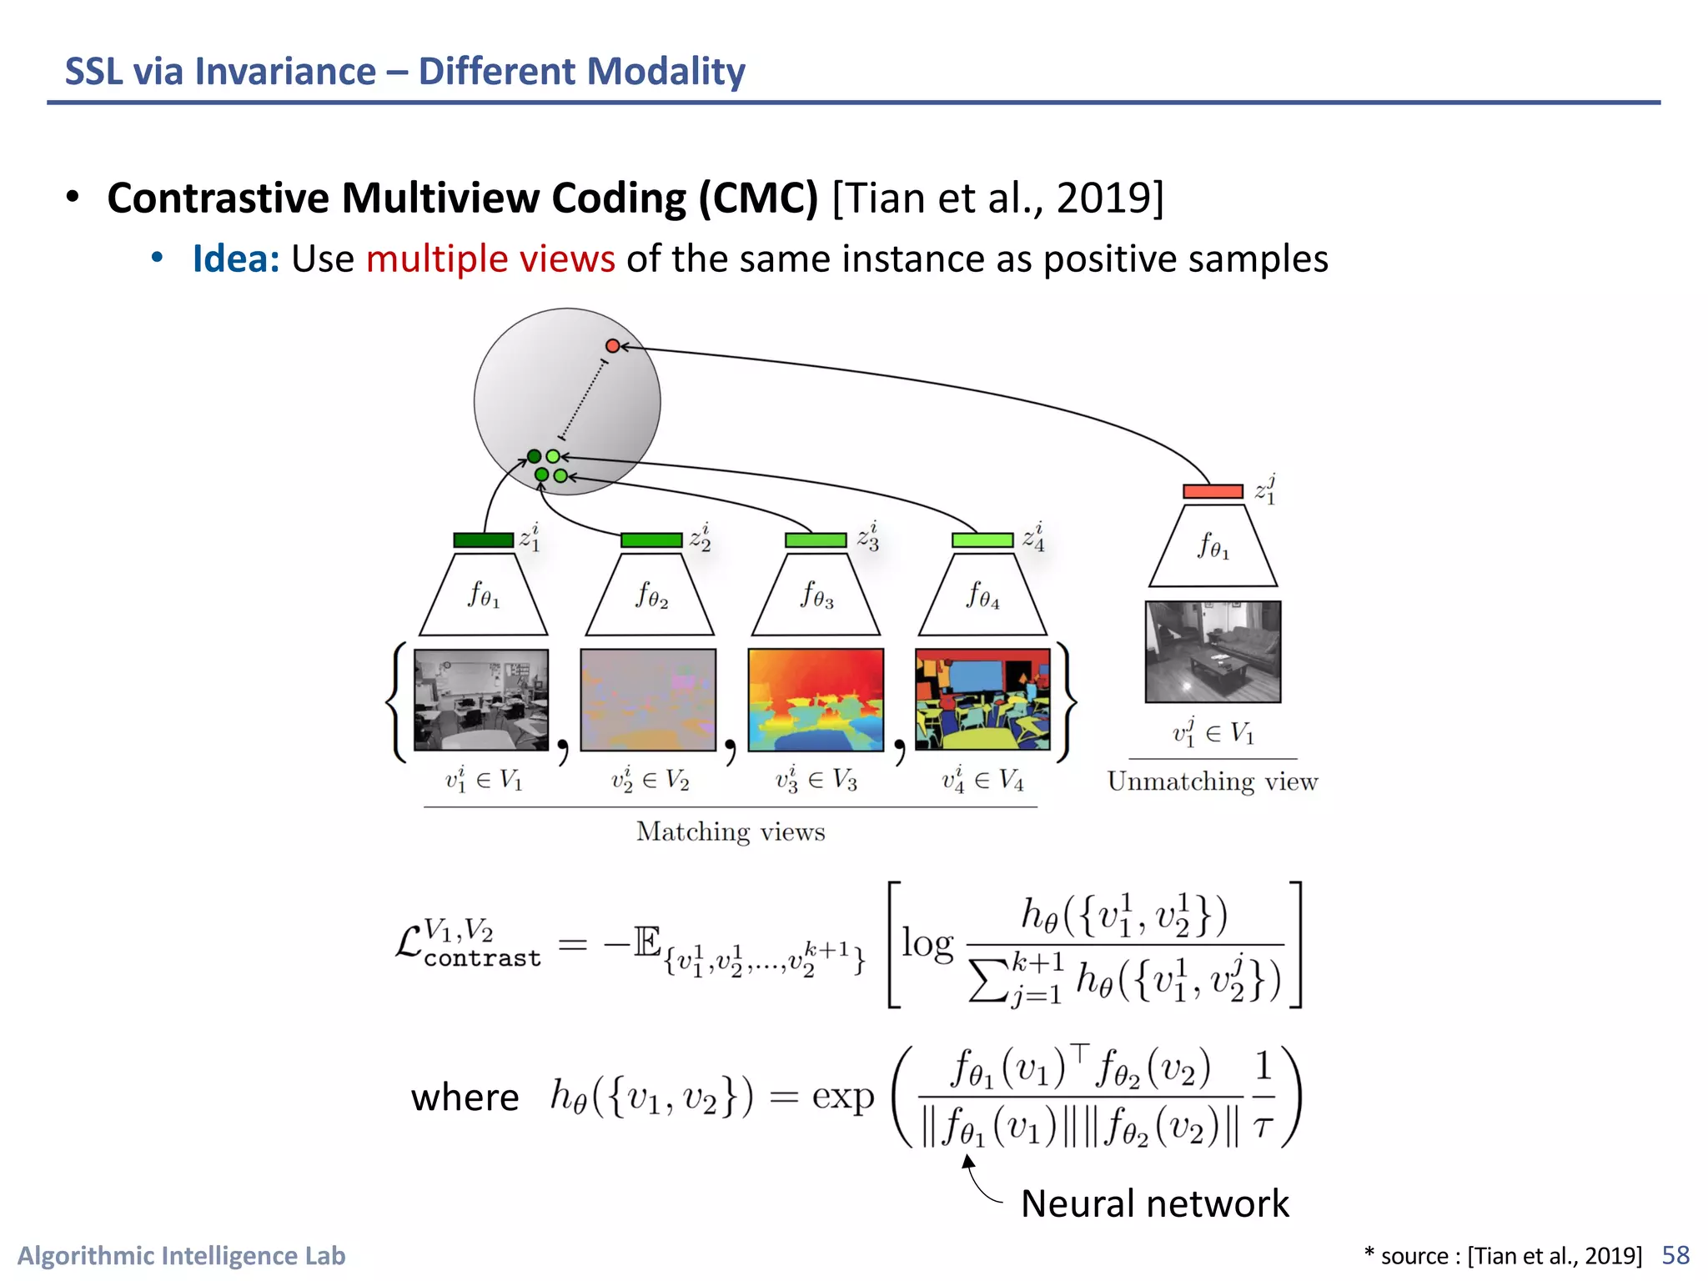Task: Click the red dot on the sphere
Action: (x=612, y=345)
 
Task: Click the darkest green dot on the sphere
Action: (x=534, y=456)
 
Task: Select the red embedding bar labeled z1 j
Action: (x=1213, y=491)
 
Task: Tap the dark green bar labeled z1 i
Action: (x=483, y=540)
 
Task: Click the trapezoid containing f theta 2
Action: (x=650, y=595)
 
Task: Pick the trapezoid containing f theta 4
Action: (x=982, y=595)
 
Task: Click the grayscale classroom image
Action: (x=481, y=700)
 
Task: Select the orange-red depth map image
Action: (x=816, y=700)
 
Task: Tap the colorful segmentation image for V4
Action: (x=982, y=700)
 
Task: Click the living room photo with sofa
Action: (x=1213, y=651)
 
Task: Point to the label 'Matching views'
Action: (x=731, y=831)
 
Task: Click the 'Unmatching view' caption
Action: (x=1213, y=781)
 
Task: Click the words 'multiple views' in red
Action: (x=490, y=259)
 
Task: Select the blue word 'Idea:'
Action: (x=236, y=259)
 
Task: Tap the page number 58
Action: (x=1675, y=1255)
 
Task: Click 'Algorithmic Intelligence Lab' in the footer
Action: (x=182, y=1255)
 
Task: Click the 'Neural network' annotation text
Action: (x=1154, y=1203)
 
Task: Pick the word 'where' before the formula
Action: (x=465, y=1097)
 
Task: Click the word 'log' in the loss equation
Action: (x=927, y=944)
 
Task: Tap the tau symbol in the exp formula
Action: (x=1263, y=1128)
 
